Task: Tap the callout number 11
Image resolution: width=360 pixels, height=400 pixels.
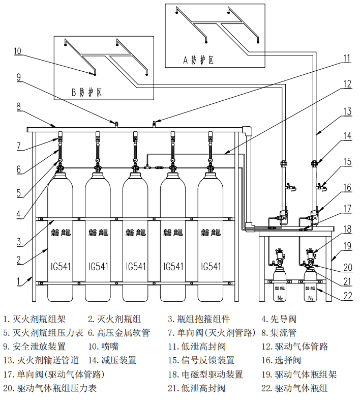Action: [346, 59]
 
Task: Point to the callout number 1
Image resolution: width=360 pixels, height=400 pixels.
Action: [18, 281]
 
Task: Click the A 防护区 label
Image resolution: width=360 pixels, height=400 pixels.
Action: [199, 60]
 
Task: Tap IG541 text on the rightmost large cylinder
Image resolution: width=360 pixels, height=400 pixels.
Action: [211, 266]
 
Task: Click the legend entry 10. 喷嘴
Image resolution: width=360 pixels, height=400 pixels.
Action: [106, 347]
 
